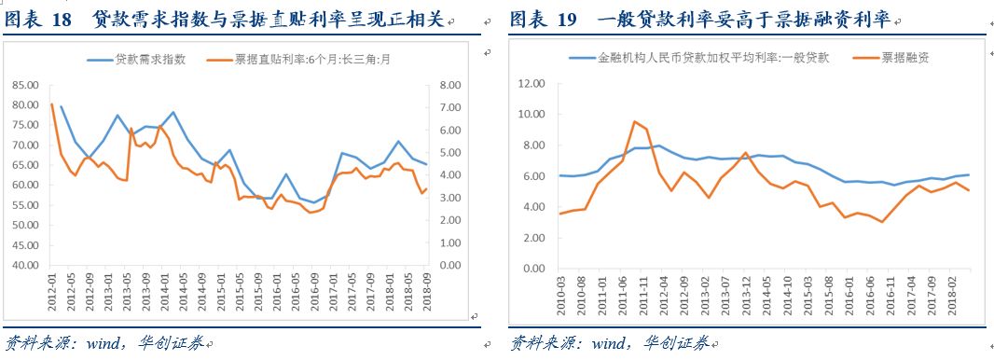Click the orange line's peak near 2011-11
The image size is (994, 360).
634,121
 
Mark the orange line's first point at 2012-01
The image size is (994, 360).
51,104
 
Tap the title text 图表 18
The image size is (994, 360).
42,19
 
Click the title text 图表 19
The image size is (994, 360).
546,19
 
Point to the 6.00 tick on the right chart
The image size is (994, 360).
532,176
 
